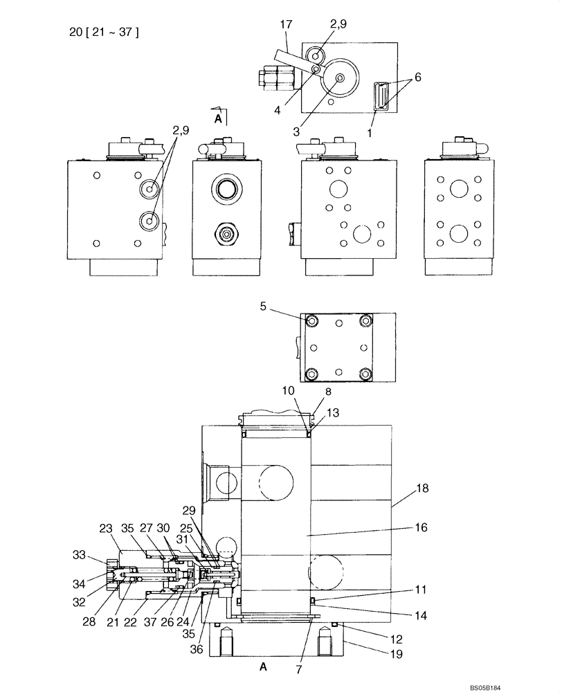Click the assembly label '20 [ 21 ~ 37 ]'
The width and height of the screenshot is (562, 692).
pyautogui.click(x=104, y=32)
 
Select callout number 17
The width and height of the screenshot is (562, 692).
pyautogui.click(x=285, y=25)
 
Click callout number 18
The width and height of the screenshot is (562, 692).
pyautogui.click(x=422, y=489)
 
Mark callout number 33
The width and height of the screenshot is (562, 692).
pyautogui.click(x=80, y=554)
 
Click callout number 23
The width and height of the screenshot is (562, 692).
pyautogui.click(x=105, y=529)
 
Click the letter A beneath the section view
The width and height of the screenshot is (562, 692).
pyautogui.click(x=262, y=666)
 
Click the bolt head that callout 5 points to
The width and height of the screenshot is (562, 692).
pyautogui.click(x=312, y=321)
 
